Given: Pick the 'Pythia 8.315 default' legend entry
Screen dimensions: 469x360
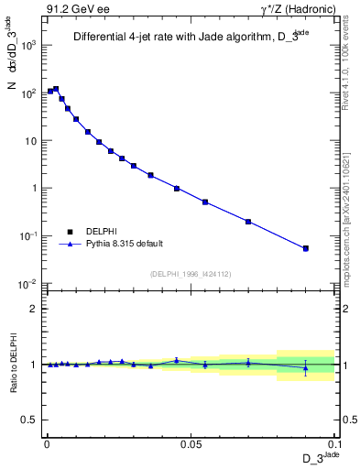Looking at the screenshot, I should pyautogui.click(x=124, y=244).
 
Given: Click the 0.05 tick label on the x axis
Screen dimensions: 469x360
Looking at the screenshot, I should pyautogui.click(x=191, y=444).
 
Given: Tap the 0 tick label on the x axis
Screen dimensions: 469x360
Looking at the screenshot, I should pyautogui.click(x=47, y=444).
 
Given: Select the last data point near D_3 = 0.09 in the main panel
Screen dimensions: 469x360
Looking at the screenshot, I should pyautogui.click(x=306, y=248).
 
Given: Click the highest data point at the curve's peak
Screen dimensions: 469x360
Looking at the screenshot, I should pyautogui.click(x=56, y=89).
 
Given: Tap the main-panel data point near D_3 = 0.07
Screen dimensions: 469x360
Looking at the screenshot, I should pyautogui.click(x=248, y=221).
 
